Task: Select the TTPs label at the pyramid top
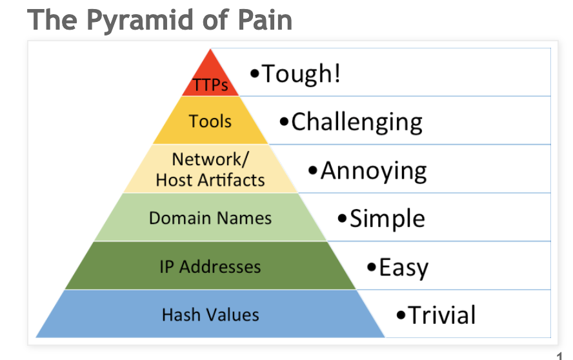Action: click(x=210, y=85)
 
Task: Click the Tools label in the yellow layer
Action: click(x=210, y=121)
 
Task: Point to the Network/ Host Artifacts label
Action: click(x=210, y=169)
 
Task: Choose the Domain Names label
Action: click(x=210, y=217)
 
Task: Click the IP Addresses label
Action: click(x=210, y=266)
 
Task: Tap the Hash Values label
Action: click(x=210, y=315)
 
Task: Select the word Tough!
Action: click(x=300, y=74)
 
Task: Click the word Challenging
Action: click(x=357, y=122)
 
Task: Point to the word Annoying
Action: click(x=374, y=170)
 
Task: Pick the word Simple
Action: click(x=387, y=219)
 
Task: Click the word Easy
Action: click(x=403, y=267)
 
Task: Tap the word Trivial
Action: click(x=442, y=315)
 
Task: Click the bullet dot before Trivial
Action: click(x=401, y=315)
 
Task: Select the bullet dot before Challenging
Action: click(x=284, y=122)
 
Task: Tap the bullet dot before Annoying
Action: click(x=313, y=171)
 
